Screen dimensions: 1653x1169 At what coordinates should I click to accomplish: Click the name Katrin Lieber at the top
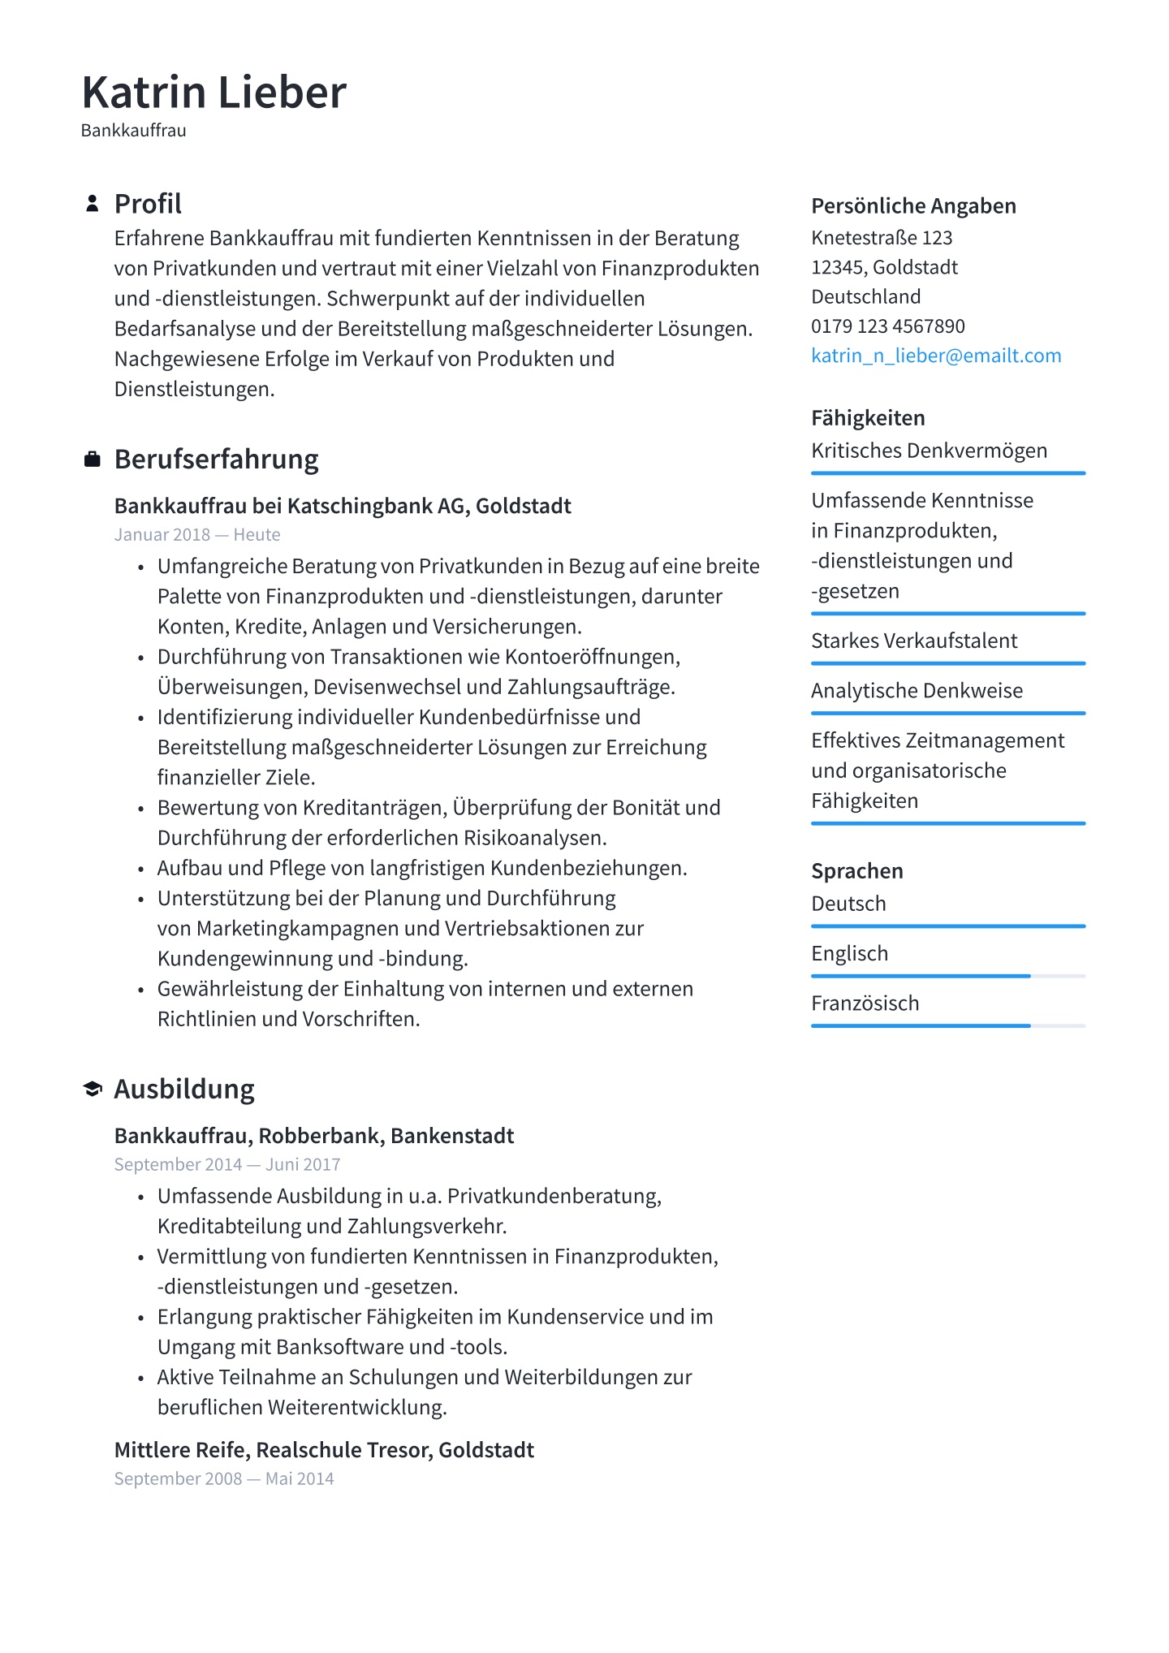click(214, 92)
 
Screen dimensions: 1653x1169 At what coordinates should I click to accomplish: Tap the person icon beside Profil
click(93, 204)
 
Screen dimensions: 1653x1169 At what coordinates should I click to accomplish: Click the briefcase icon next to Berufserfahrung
click(93, 460)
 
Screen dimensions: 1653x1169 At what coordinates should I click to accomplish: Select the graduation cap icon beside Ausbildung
click(93, 1089)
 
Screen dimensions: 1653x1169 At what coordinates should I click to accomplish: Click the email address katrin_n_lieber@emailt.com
click(936, 356)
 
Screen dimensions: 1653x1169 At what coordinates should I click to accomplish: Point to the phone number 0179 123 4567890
click(888, 326)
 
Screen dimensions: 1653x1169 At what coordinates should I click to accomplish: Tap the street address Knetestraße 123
click(882, 238)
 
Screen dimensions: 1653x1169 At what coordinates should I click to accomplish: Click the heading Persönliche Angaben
click(913, 206)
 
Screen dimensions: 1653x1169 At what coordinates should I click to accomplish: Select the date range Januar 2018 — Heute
click(197, 535)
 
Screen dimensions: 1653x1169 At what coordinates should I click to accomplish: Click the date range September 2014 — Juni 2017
click(227, 1164)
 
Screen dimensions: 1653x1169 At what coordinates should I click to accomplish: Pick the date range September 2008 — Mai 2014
click(224, 1478)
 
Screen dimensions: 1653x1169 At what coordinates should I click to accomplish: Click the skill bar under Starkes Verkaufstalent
click(948, 663)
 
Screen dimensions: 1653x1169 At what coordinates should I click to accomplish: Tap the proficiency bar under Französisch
click(948, 1025)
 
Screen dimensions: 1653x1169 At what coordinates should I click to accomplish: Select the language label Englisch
click(849, 953)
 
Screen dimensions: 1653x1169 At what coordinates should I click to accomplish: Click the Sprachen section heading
click(857, 871)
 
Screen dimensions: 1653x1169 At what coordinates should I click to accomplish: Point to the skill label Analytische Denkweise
click(917, 691)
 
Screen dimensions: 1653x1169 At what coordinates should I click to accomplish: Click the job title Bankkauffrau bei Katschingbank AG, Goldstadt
click(343, 506)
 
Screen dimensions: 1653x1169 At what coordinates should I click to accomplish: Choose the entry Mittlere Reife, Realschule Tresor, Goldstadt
click(324, 1450)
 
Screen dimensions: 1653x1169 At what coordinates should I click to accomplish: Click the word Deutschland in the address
click(865, 296)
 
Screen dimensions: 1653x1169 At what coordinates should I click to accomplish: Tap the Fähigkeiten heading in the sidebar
click(868, 418)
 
